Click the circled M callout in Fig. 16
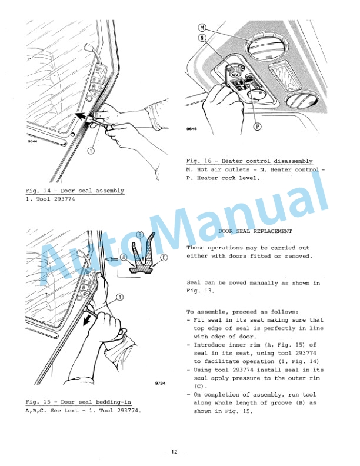[202, 28]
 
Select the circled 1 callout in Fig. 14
[91, 150]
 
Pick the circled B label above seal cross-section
[139, 235]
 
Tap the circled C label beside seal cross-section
[164, 257]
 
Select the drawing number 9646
[192, 128]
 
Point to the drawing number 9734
[160, 383]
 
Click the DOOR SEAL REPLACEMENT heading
[255, 232]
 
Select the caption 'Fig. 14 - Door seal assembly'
[75, 191]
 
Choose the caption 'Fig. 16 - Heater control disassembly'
[249, 161]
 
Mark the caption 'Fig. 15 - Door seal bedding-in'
[78, 402]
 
